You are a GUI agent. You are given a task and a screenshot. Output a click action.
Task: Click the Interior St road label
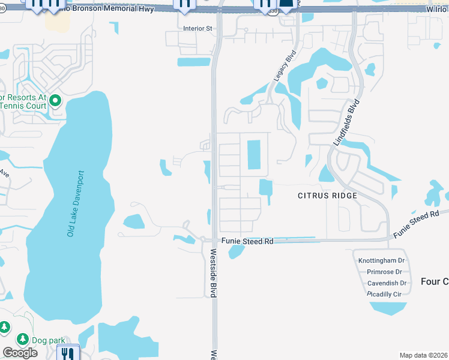[197, 28]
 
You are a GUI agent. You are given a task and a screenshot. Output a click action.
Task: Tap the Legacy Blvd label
[285, 66]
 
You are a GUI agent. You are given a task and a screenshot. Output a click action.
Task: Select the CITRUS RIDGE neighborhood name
[327, 196]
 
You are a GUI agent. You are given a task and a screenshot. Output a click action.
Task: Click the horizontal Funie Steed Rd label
[247, 241]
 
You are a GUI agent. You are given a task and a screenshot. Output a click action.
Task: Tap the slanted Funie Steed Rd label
[417, 224]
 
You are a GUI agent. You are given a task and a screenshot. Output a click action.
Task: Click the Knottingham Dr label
[381, 260]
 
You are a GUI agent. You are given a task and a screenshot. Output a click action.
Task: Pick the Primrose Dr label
[384, 272]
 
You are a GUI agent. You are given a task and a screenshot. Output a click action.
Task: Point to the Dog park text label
[48, 340]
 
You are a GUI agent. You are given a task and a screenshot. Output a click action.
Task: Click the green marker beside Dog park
[23, 340]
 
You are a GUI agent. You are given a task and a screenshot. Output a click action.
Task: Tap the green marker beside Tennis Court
[55, 100]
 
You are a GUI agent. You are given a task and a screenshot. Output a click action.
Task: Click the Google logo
[20, 353]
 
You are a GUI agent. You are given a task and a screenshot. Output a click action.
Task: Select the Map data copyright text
[424, 355]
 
